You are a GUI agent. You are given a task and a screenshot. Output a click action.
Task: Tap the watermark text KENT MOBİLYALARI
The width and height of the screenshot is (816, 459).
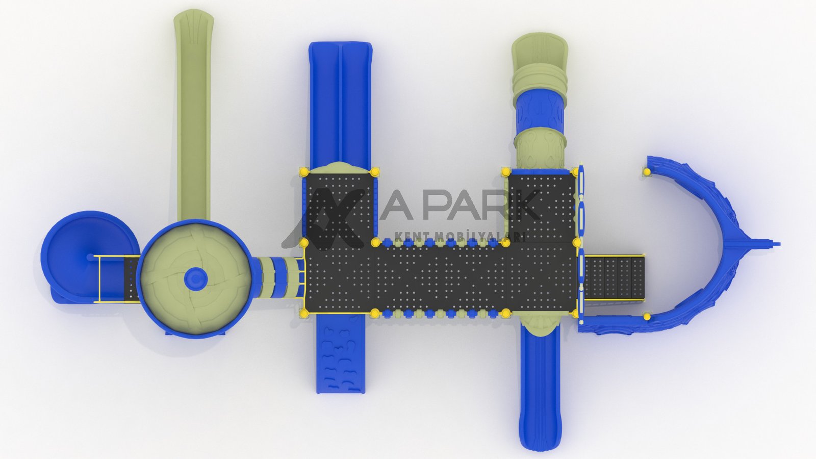[460, 237]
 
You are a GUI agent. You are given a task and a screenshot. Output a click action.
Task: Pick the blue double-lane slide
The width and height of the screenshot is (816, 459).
[340, 106]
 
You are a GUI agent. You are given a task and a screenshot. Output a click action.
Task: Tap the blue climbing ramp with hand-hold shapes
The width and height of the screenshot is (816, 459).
[340, 354]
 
